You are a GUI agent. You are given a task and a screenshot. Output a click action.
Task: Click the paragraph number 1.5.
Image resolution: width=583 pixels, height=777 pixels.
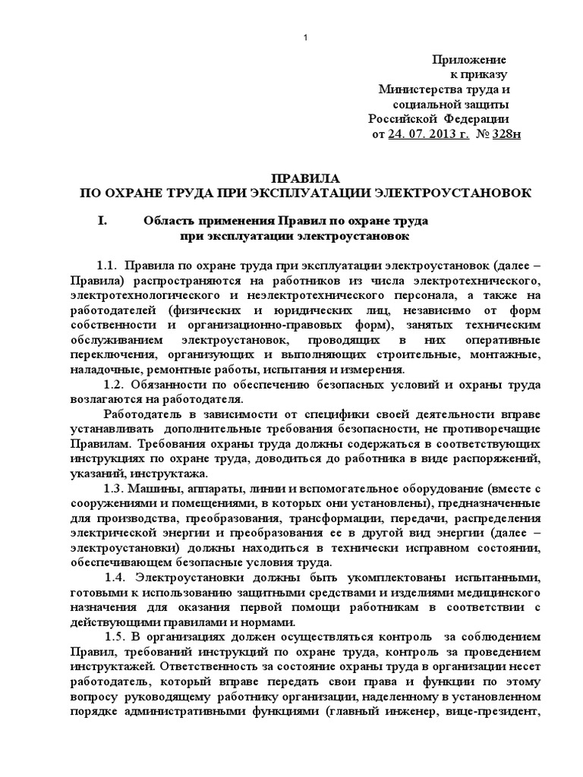pos(118,637)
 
